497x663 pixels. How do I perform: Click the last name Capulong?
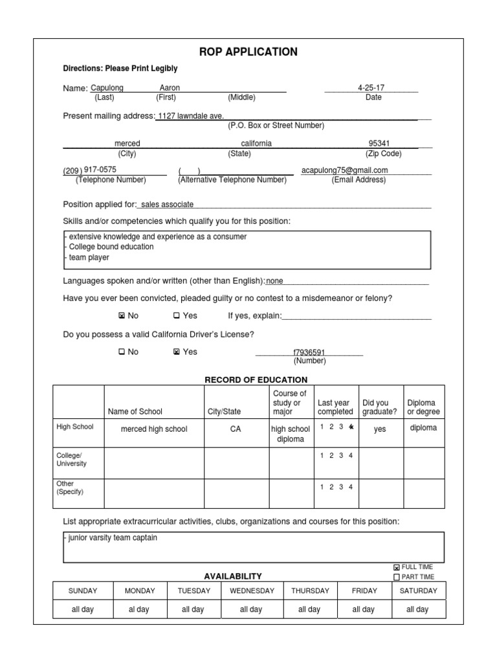coord(107,87)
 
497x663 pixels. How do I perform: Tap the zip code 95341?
coord(379,143)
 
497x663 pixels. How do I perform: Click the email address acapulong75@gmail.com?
coord(344,170)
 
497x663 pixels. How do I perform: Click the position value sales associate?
coord(167,204)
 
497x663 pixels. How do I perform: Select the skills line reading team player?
coord(89,257)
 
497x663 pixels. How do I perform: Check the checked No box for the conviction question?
coord(121,316)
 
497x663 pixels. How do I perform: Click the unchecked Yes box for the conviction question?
coord(176,316)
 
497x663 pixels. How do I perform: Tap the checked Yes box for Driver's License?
coord(176,352)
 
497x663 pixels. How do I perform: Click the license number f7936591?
coord(309,352)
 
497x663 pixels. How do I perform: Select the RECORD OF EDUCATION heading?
coord(256,379)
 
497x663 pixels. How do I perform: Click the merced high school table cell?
coord(154,429)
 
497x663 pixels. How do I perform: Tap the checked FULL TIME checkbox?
coord(397,568)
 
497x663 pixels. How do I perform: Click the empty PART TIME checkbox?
coord(397,577)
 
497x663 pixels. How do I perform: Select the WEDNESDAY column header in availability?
coord(251,590)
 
